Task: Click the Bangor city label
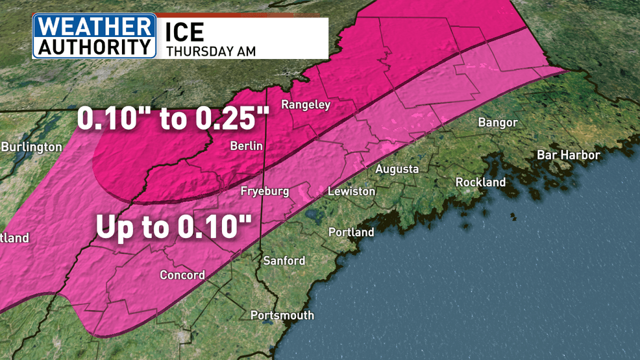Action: pos(497,123)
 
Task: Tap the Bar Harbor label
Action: pos(568,155)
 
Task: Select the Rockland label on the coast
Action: pos(480,182)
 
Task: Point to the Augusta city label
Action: pos(397,169)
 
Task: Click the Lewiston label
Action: pos(351,191)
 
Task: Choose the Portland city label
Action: pos(351,232)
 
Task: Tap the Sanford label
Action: pos(284,261)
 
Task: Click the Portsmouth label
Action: pos(282,315)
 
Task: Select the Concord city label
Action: pos(182,275)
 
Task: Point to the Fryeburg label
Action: pos(264,191)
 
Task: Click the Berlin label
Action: pos(247,147)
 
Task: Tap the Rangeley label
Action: pos(305,105)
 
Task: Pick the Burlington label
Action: pos(31,147)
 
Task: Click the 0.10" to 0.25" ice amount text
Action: pos(173,119)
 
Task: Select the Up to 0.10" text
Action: pos(173,226)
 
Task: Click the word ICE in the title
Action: pos(185,32)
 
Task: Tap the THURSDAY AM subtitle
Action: pos(211,51)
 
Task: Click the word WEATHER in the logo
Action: pos(95,27)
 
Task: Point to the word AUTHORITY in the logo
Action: pos(95,47)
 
